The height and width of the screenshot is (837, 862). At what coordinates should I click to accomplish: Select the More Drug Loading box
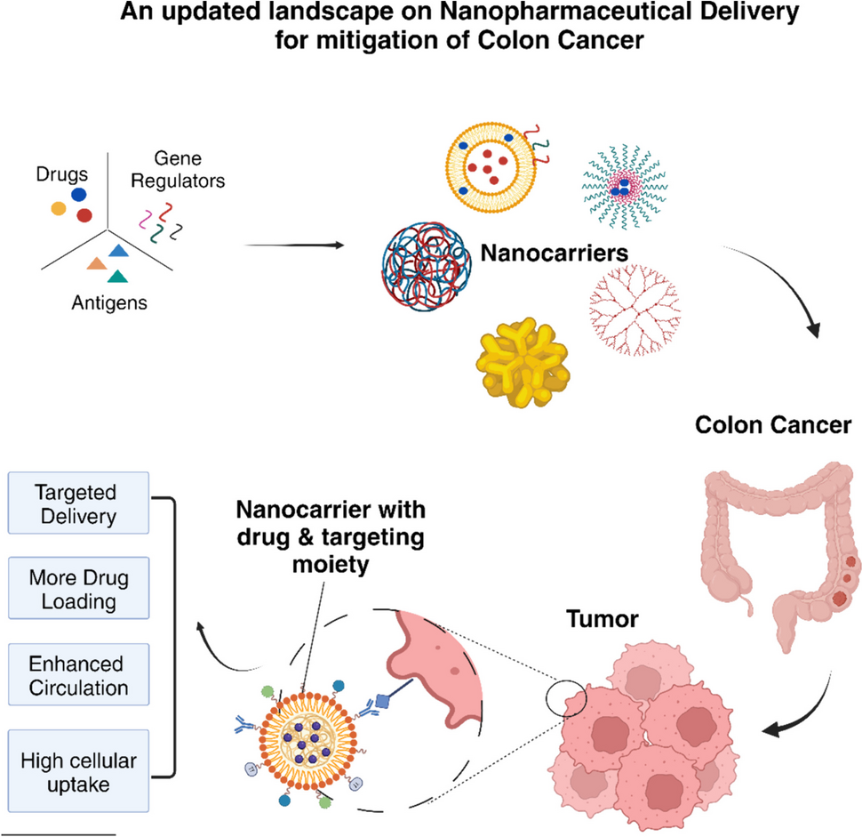click(76, 590)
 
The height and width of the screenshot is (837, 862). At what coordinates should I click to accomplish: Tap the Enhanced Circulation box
click(76, 676)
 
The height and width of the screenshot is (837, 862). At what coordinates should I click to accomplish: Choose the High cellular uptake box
click(76, 770)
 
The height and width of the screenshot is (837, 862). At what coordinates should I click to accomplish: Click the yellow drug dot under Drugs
click(59, 208)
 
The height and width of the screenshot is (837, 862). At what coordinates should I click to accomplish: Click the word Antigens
click(111, 302)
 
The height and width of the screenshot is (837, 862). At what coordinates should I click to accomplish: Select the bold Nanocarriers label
click(554, 253)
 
